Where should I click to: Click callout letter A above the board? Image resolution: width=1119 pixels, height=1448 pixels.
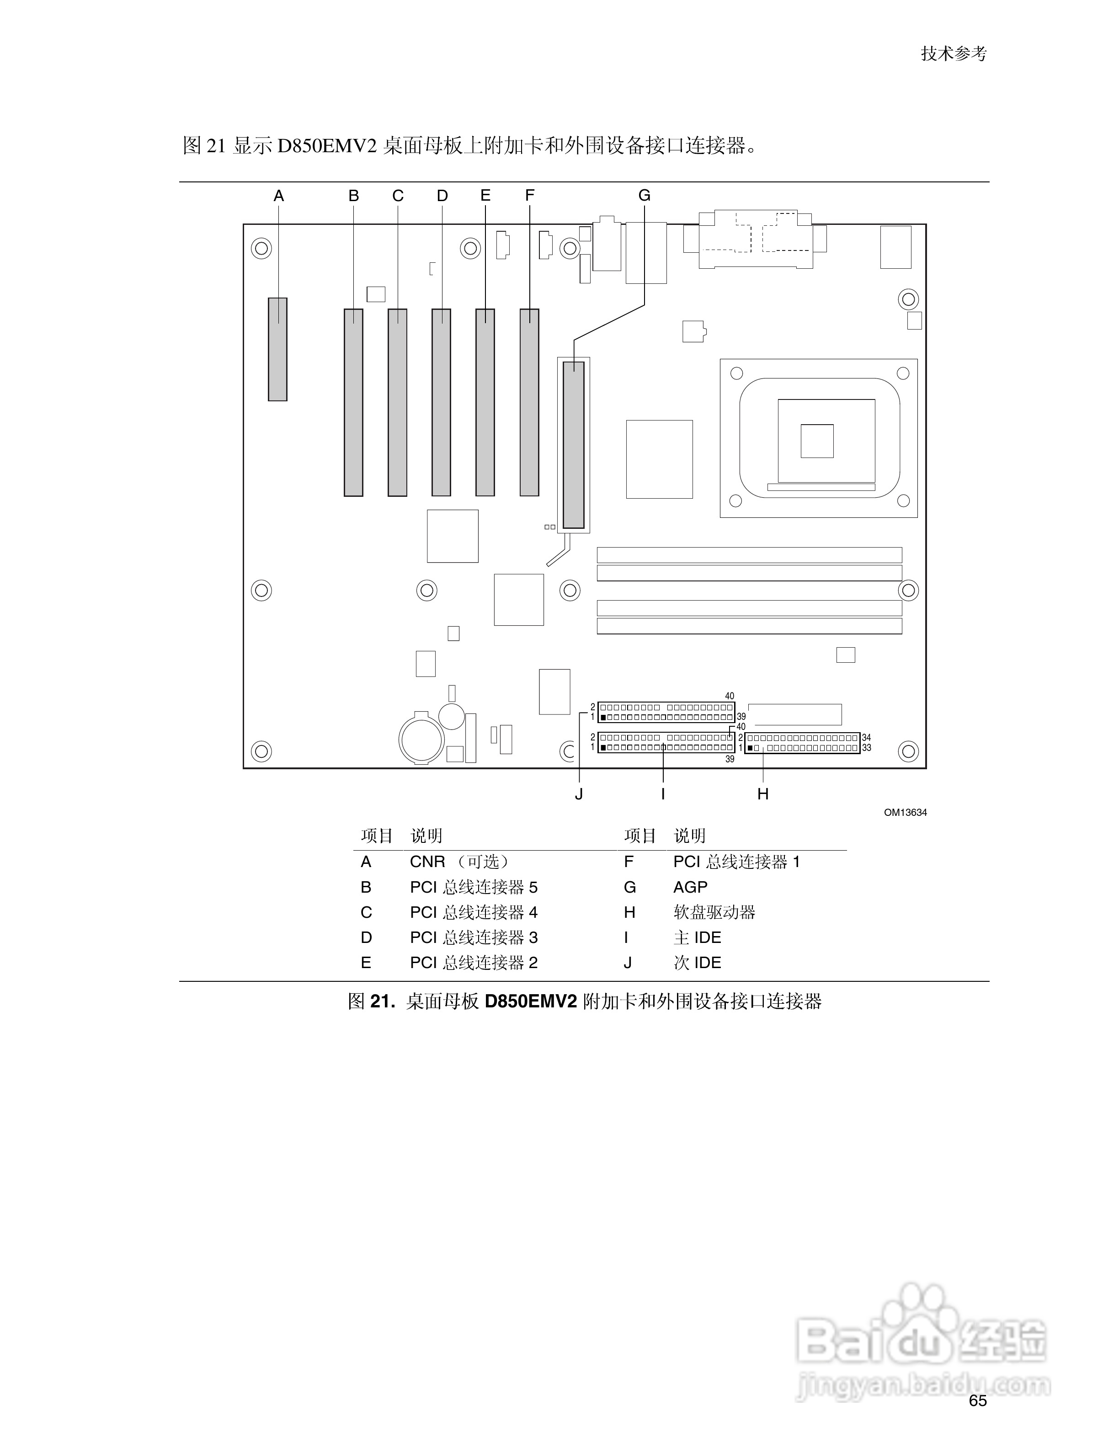point(278,196)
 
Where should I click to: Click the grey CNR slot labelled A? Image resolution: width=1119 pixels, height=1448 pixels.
point(278,349)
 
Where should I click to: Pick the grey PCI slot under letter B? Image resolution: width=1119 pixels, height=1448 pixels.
point(353,402)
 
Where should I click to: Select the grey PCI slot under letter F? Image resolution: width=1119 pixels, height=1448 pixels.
point(529,402)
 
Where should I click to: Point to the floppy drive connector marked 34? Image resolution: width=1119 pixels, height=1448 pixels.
point(802,743)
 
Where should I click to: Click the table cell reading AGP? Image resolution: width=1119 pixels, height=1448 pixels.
point(690,887)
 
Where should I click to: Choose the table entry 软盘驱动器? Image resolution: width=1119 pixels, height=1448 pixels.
point(714,912)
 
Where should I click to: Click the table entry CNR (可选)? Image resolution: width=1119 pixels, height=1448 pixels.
point(459,862)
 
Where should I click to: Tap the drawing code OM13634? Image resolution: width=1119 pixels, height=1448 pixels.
point(905,813)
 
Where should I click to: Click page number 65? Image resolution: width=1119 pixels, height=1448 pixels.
point(978,1401)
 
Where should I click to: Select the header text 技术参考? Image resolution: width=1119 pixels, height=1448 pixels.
point(953,53)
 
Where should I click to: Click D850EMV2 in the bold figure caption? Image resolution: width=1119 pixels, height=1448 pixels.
point(531,1001)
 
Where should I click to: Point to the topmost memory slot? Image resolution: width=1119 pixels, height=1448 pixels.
point(749,555)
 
